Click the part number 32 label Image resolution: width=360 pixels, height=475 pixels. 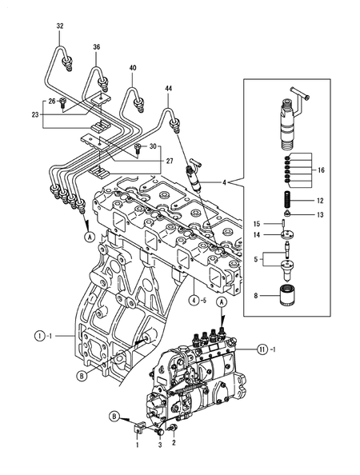pyautogui.click(x=60, y=26)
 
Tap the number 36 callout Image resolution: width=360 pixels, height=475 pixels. pyautogui.click(x=96, y=47)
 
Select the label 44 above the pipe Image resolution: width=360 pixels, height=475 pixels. pyautogui.click(x=169, y=89)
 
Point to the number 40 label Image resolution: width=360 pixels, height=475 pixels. pyautogui.click(x=133, y=68)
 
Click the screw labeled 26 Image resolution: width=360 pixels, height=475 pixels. pyautogui.click(x=63, y=102)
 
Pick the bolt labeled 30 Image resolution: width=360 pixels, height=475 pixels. pyautogui.click(x=137, y=149)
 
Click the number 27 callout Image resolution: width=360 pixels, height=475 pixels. pyautogui.click(x=170, y=161)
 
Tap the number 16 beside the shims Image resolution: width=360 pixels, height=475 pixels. pyautogui.click(x=321, y=170)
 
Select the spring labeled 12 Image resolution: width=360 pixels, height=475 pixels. pyautogui.click(x=289, y=199)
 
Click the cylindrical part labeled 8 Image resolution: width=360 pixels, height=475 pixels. pyautogui.click(x=287, y=295)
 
